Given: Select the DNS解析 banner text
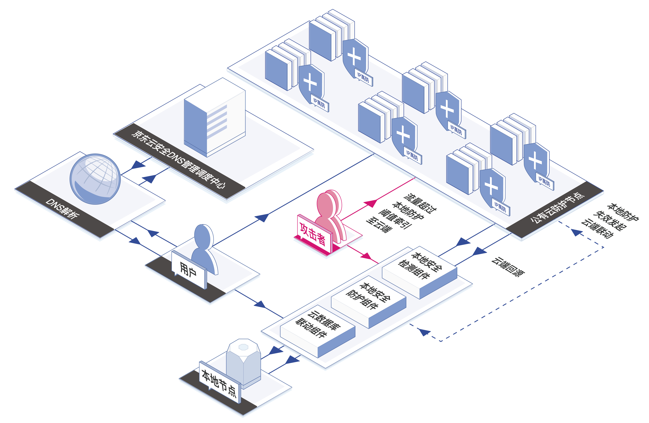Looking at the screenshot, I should [x=63, y=208].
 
